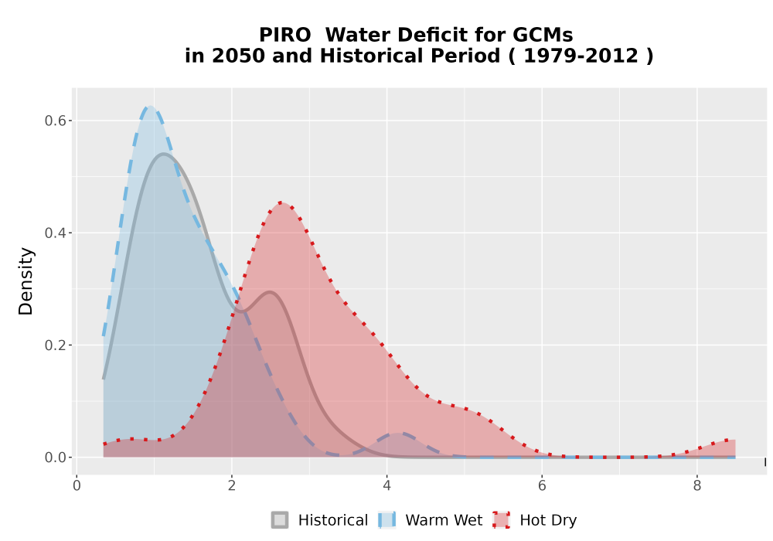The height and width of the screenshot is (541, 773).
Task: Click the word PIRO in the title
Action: [x=285, y=35]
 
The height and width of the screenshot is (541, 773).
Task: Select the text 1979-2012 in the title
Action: [x=581, y=56]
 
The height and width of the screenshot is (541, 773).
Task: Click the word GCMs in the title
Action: [x=543, y=35]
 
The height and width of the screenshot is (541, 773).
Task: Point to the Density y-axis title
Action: [x=26, y=281]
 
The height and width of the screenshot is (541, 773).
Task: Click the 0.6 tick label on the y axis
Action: [x=55, y=121]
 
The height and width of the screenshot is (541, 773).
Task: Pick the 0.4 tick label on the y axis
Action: [x=55, y=233]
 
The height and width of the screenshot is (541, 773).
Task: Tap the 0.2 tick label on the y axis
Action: [x=55, y=345]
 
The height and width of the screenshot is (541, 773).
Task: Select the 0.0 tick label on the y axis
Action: [x=55, y=458]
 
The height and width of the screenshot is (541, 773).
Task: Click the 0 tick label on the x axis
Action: [x=77, y=486]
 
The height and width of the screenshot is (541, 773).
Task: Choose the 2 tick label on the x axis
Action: [x=232, y=486]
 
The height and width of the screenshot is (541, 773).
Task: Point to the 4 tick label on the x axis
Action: [x=387, y=486]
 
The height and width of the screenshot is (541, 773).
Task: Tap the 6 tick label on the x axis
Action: [x=542, y=486]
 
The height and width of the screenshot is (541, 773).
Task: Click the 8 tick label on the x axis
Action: [x=697, y=486]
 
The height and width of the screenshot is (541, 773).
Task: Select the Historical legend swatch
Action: [x=280, y=520]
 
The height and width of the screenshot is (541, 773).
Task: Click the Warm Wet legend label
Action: [x=444, y=520]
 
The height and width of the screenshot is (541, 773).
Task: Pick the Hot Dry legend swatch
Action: [x=502, y=520]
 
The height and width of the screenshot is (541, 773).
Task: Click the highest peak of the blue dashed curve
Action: [x=149, y=107]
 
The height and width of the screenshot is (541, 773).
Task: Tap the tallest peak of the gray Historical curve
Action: [x=164, y=155]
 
